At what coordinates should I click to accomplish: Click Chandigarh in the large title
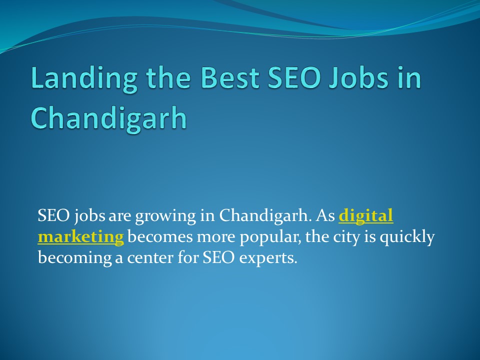tap(108, 118)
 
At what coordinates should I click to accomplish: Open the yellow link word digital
tap(366, 216)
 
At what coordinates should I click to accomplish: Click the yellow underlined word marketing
tap(80, 236)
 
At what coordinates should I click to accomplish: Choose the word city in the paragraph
tap(349, 237)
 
